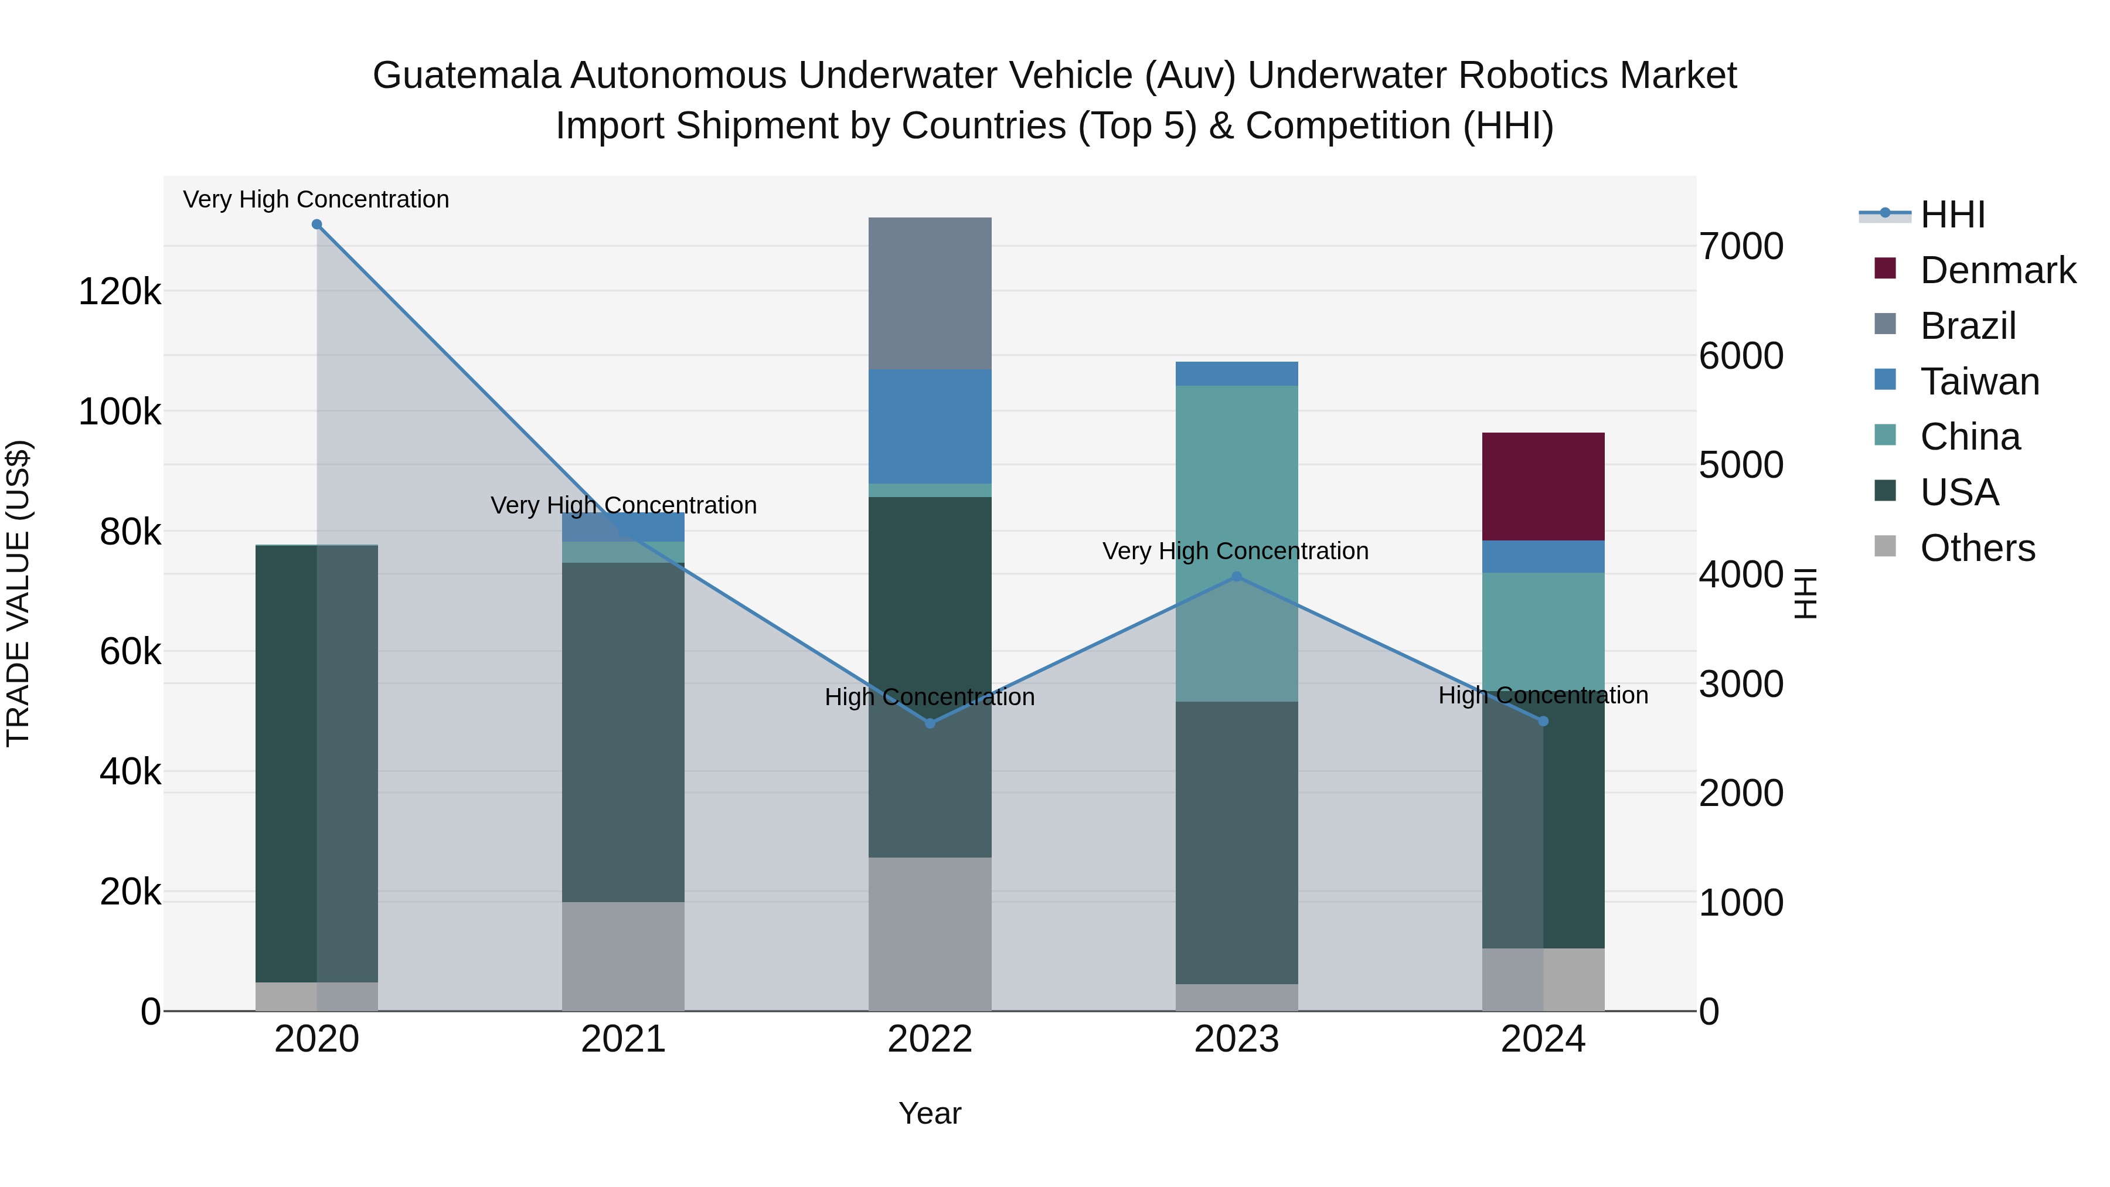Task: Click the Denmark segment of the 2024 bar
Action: pos(1543,486)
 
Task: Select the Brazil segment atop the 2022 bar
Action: pos(930,293)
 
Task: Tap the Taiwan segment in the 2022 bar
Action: pos(930,426)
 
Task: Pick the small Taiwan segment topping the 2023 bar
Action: pos(1236,373)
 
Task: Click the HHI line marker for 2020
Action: pos(317,224)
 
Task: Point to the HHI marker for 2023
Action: pos(1236,577)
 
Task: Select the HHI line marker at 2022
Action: pos(930,723)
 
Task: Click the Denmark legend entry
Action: pos(1996,270)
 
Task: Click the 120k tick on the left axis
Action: pos(120,292)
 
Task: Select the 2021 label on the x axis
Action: pos(624,1039)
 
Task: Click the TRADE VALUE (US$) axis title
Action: pos(18,593)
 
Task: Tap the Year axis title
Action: pos(930,1113)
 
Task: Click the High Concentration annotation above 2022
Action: pos(930,697)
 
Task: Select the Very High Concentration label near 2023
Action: pos(1235,552)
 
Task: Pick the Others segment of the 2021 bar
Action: pos(624,956)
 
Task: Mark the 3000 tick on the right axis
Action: pos(1741,684)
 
